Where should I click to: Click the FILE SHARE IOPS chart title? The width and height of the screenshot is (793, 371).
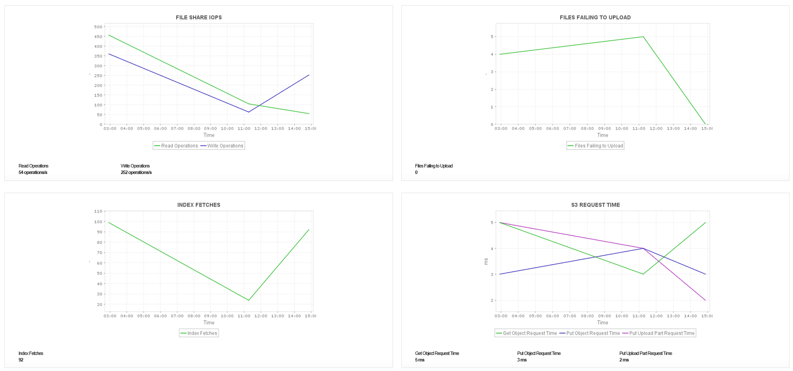198,17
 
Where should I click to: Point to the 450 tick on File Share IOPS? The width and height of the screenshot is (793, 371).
98,36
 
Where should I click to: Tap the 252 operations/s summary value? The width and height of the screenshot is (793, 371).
136,173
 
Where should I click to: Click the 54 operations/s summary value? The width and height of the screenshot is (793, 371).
33,173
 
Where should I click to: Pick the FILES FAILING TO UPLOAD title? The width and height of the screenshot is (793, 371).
595,17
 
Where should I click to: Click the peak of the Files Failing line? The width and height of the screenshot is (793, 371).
643,37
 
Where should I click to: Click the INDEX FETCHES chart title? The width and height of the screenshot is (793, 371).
198,205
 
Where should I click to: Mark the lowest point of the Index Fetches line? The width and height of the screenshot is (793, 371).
248,300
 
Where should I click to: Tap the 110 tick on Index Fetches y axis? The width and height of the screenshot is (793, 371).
98,211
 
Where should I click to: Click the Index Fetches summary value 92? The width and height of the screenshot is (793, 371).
21,360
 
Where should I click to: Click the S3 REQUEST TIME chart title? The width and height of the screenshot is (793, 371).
595,205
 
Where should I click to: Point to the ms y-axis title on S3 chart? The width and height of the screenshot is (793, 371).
486,261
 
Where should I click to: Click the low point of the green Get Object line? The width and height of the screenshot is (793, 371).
643,274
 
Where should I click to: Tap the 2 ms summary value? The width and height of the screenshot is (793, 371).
624,360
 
